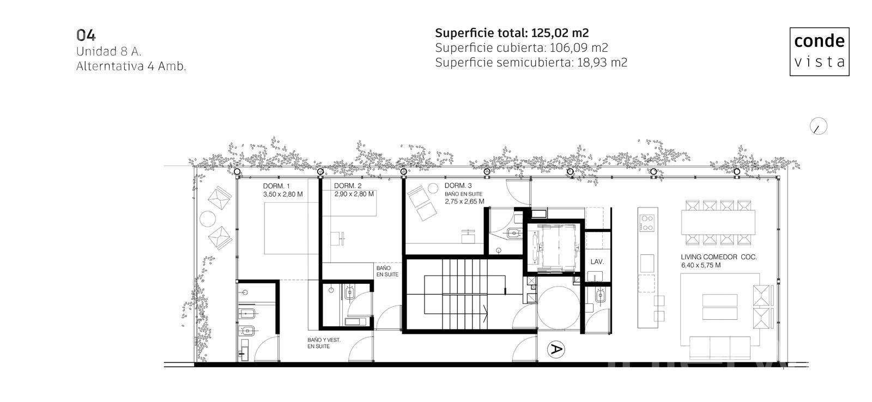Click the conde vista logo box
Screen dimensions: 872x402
(x=819, y=51)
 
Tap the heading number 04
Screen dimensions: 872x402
(x=86, y=35)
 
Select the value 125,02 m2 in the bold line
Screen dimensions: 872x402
(x=560, y=33)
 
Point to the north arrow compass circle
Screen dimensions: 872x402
(x=818, y=126)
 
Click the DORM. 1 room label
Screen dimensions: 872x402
(x=276, y=186)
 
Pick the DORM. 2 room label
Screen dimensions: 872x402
(x=348, y=186)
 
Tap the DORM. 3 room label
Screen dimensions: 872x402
(x=458, y=186)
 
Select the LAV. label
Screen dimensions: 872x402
(x=597, y=262)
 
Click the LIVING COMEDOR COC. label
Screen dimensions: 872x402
(x=719, y=257)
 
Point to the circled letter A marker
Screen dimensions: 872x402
(x=556, y=349)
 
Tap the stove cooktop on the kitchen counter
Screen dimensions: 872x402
(x=647, y=223)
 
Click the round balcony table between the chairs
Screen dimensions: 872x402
(x=208, y=219)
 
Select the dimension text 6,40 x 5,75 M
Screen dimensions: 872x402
(x=701, y=265)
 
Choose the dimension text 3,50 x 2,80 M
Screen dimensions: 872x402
(x=283, y=194)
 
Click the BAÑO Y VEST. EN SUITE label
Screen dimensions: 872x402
(x=324, y=343)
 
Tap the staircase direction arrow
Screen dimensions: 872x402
(x=486, y=313)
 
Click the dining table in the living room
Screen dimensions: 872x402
(x=718, y=222)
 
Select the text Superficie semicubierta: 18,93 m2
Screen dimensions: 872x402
(x=531, y=63)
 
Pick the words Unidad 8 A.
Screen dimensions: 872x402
(x=108, y=51)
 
